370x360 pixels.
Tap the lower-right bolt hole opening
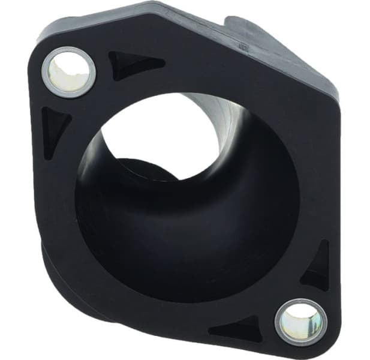(300, 321)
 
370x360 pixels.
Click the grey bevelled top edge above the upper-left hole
(96, 21)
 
